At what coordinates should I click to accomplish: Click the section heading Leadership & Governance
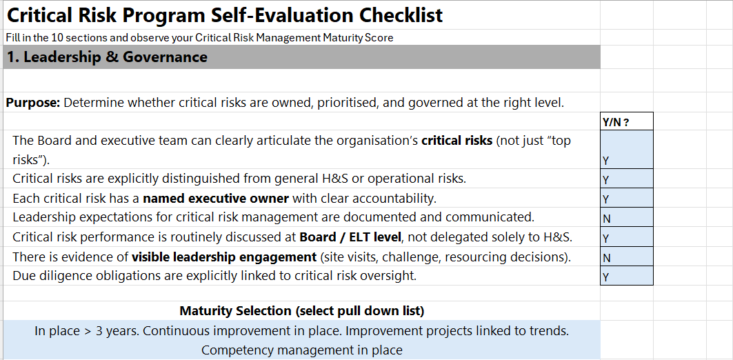pyautogui.click(x=107, y=57)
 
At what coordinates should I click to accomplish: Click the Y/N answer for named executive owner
pyautogui.click(x=627, y=199)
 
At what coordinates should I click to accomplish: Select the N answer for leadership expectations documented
pyautogui.click(x=627, y=218)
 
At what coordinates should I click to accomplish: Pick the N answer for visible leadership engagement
pyautogui.click(x=627, y=257)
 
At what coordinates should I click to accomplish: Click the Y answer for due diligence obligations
pyautogui.click(x=627, y=277)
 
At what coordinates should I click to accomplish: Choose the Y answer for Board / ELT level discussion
pyautogui.click(x=627, y=238)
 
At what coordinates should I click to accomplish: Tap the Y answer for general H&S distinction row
pyautogui.click(x=627, y=179)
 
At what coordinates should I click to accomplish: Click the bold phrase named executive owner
pyautogui.click(x=216, y=199)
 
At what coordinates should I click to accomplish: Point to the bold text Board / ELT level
pyautogui.click(x=349, y=238)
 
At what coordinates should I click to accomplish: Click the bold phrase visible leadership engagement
pyautogui.click(x=224, y=257)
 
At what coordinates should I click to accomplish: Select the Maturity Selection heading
pyautogui.click(x=301, y=310)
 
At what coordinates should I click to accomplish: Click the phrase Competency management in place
pyautogui.click(x=301, y=350)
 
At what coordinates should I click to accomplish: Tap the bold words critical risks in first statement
pyautogui.click(x=456, y=141)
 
